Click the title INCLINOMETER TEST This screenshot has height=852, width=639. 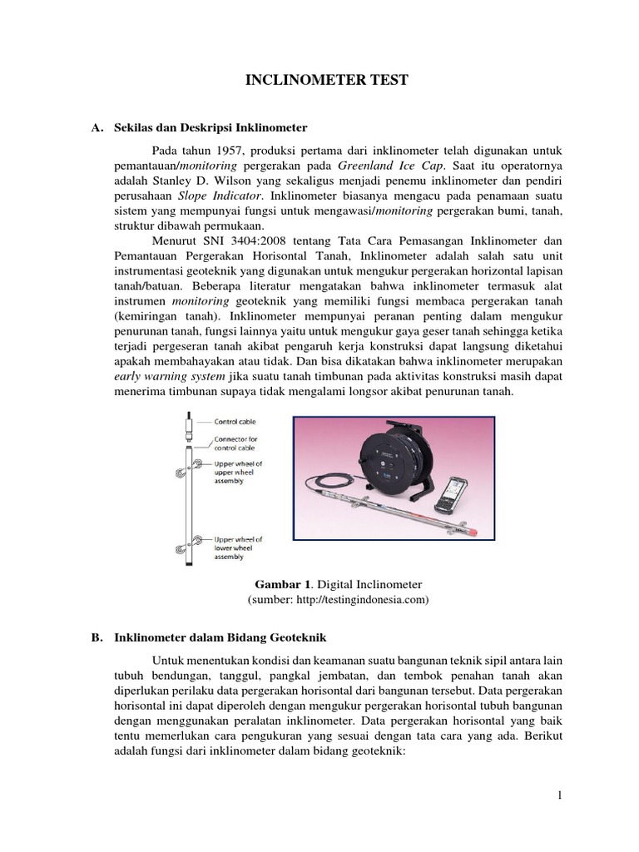coord(326,81)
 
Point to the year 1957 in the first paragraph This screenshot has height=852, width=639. coord(227,150)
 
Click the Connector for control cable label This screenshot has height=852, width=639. coord(238,444)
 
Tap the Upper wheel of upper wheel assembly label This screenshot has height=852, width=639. coord(240,472)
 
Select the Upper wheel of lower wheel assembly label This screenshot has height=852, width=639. coord(240,549)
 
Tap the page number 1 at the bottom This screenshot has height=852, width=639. coord(561,795)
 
